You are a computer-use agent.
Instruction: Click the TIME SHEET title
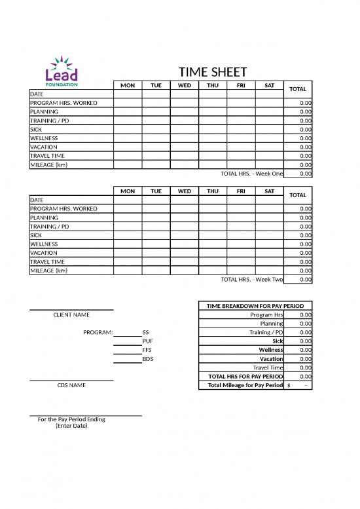pos(213,73)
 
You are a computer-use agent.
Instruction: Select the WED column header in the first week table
pos(185,85)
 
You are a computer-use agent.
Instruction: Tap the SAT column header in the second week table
pos(269,191)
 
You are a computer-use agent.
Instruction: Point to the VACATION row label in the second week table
pos(44,253)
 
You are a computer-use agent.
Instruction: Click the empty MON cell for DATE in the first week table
pos(128,94)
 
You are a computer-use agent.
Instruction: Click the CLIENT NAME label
pos(71,315)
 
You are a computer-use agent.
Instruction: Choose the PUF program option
pos(147,341)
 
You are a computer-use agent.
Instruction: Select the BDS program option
pos(147,359)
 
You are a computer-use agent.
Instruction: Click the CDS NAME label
pos(71,385)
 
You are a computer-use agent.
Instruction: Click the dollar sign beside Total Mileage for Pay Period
pos(289,385)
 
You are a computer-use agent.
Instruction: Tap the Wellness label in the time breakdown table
pos(271,350)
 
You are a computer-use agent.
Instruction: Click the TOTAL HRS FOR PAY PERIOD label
pos(245,377)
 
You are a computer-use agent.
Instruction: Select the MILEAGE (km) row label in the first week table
pos(48,165)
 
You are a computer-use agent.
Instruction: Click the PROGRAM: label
pos(98,332)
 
